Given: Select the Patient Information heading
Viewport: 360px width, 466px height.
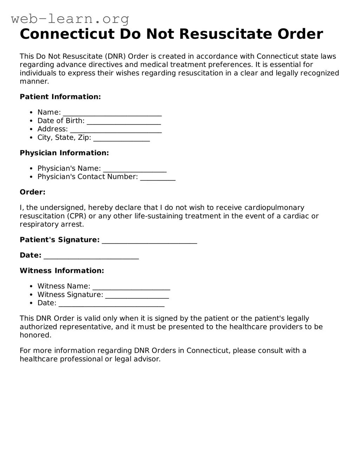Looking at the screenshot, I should pyautogui.click(x=60, y=97).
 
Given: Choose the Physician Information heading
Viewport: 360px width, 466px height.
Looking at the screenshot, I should pyautogui.click(x=64, y=153).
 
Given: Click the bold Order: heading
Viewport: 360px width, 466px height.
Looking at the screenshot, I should pyautogui.click(x=32, y=192).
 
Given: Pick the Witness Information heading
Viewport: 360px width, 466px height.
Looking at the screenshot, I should pyautogui.click(x=62, y=271).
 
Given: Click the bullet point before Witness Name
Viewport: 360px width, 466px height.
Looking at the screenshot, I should pyautogui.click(x=31, y=287).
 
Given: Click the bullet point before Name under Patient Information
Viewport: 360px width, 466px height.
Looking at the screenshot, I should pyautogui.click(x=31, y=112).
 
